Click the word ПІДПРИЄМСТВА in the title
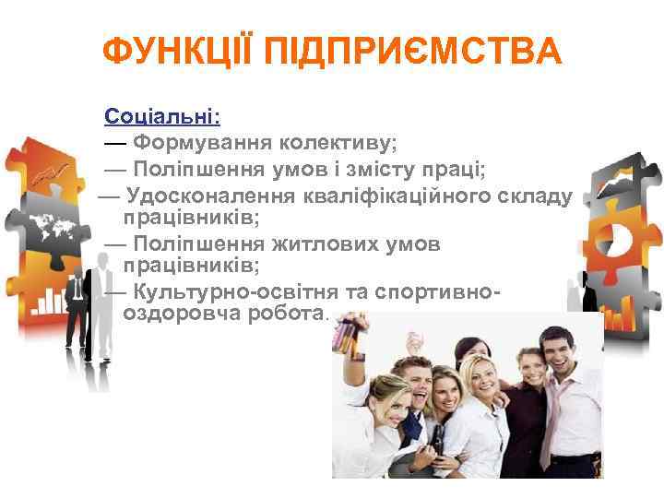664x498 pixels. (413, 53)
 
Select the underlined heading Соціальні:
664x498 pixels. (162, 117)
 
